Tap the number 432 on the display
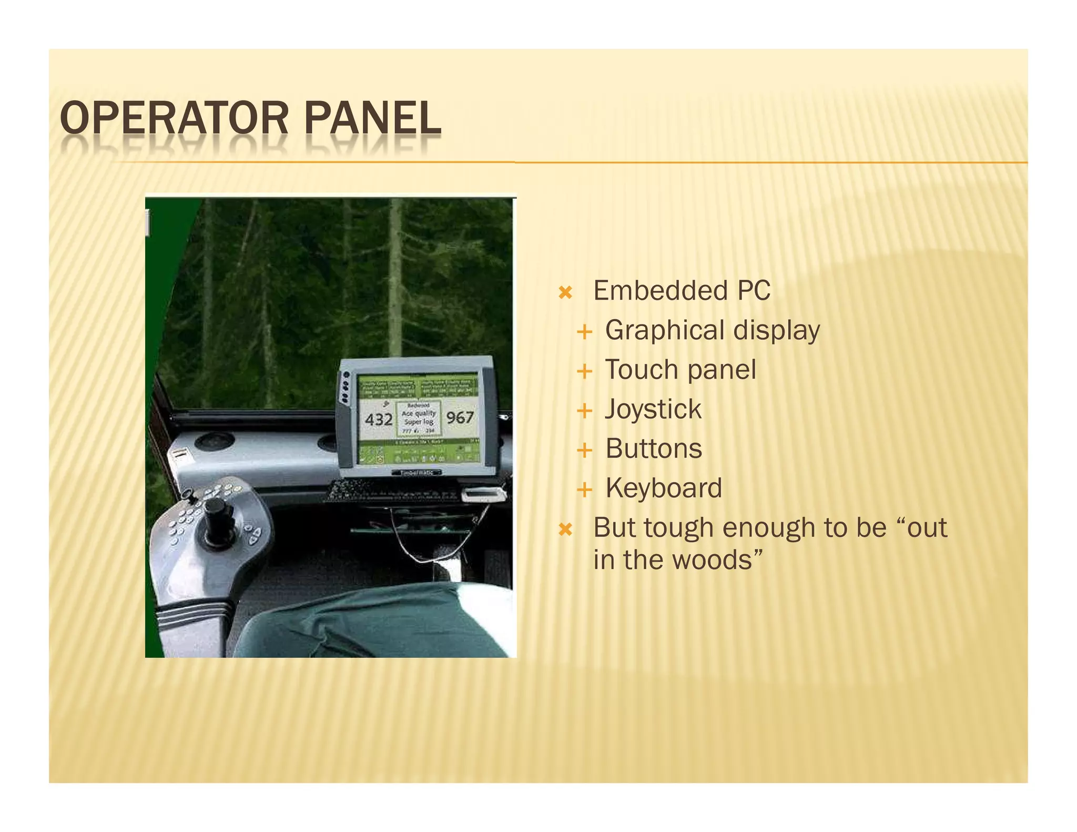pyautogui.click(x=379, y=420)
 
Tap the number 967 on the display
pyautogui.click(x=460, y=418)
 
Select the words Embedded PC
pyautogui.click(x=682, y=291)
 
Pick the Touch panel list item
pyautogui.click(x=680, y=370)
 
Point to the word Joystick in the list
pyautogui.click(x=653, y=410)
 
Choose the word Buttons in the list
pyautogui.click(x=654, y=449)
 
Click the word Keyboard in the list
pyautogui.click(x=664, y=489)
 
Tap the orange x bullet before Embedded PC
pyautogui.click(x=565, y=292)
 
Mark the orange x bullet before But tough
pyautogui.click(x=565, y=529)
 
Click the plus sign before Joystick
pyautogui.click(x=584, y=411)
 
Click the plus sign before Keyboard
pyautogui.click(x=584, y=490)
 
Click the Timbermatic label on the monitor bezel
pyautogui.click(x=417, y=473)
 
